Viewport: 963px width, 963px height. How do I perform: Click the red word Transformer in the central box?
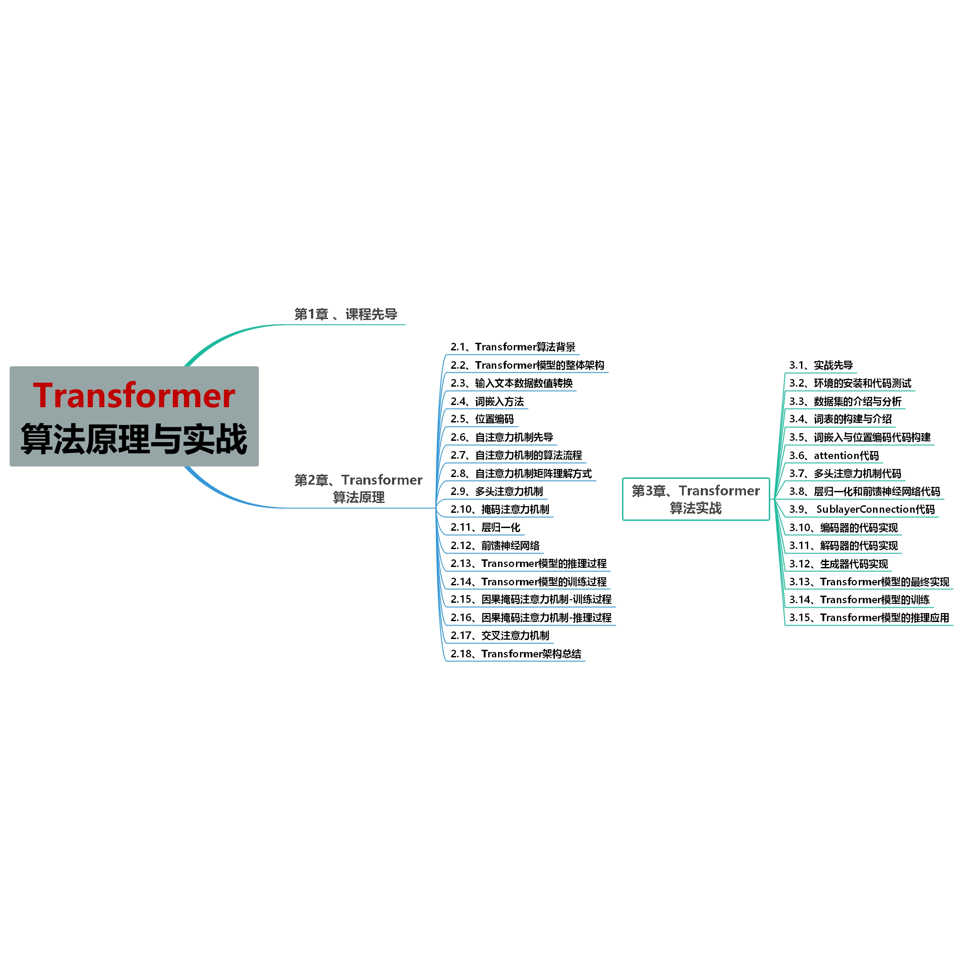[x=134, y=396]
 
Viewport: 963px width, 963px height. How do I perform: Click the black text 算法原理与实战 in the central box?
[x=134, y=439]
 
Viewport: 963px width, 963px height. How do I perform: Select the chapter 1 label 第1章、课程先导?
[x=345, y=315]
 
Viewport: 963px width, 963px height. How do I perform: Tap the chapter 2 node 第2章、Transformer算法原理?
[x=358, y=489]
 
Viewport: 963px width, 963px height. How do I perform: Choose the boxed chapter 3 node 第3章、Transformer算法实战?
[x=695, y=499]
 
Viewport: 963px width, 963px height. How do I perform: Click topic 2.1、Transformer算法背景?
[x=512, y=347]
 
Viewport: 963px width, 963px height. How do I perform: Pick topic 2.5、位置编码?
[x=481, y=419]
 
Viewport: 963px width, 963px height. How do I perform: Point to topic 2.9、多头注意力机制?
[x=496, y=491]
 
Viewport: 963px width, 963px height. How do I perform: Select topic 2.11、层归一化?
[x=485, y=527]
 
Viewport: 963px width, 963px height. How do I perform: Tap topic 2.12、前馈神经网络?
[x=495, y=546]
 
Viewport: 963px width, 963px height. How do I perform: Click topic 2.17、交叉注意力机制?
[x=499, y=635]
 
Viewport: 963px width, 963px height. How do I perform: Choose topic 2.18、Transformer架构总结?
[x=516, y=654]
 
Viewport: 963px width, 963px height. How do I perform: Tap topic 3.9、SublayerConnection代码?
[x=862, y=509]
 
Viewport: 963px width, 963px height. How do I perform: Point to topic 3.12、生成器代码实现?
[x=839, y=564]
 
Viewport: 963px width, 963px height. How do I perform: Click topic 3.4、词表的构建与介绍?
[x=840, y=419]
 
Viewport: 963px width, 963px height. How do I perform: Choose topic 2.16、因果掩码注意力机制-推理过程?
[x=531, y=618]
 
